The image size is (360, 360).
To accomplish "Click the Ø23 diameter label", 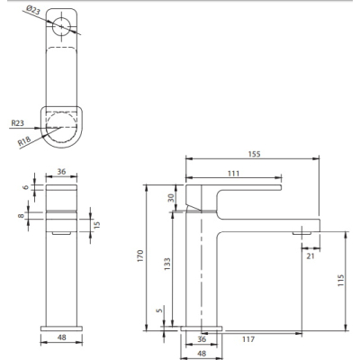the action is (33, 11).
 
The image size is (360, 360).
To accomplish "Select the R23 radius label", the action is (17, 123).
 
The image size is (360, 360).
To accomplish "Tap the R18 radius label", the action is (24, 141).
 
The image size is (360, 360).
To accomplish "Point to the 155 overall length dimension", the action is (255, 154).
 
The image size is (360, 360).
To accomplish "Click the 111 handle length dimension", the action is (233, 174).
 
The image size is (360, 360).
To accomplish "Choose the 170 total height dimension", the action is (140, 256).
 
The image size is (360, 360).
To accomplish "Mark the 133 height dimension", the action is (167, 264).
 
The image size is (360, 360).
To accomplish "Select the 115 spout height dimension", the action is (341, 280).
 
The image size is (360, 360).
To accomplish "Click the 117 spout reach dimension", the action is (248, 339).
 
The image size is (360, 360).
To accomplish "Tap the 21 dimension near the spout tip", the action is (310, 256).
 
